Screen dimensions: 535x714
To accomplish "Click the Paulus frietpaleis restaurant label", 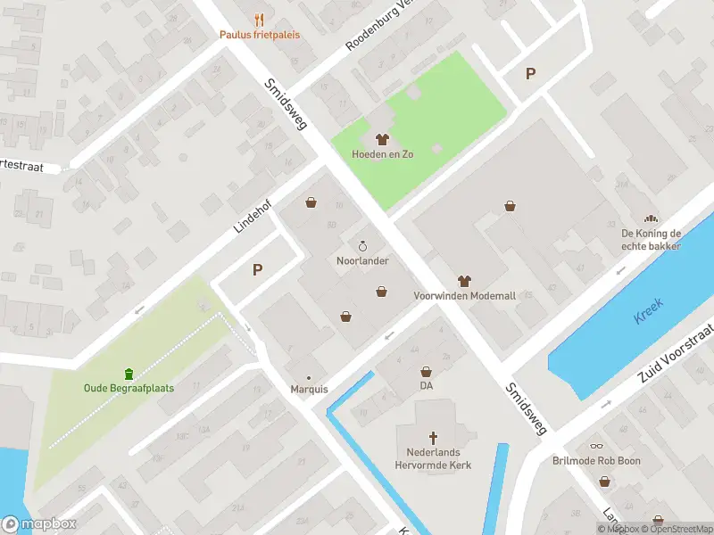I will (260, 35).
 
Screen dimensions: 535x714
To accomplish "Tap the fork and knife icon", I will (260, 19).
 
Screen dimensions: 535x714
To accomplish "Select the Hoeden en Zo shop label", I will (383, 154).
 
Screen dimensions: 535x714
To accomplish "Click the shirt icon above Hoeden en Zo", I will (383, 139).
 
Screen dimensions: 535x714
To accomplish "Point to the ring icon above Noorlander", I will (362, 245).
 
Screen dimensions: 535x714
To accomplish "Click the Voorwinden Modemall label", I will (463, 295).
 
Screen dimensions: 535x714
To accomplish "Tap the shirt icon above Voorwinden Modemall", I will (463, 280).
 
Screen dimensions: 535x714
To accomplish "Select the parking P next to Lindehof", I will (258, 269).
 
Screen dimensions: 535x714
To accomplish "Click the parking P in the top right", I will (531, 74).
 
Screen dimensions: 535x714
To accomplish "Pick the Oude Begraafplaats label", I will (129, 388).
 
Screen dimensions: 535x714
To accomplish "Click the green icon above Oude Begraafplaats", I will (129, 373).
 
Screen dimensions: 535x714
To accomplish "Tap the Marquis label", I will (309, 390).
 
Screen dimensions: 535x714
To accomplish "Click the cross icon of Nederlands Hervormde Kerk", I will (434, 437).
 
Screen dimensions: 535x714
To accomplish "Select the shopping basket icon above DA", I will (426, 371).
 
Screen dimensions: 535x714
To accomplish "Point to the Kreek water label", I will (650, 313).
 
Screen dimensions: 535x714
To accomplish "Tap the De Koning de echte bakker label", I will (652, 240).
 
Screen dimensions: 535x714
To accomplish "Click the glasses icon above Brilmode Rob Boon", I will (596, 447).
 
